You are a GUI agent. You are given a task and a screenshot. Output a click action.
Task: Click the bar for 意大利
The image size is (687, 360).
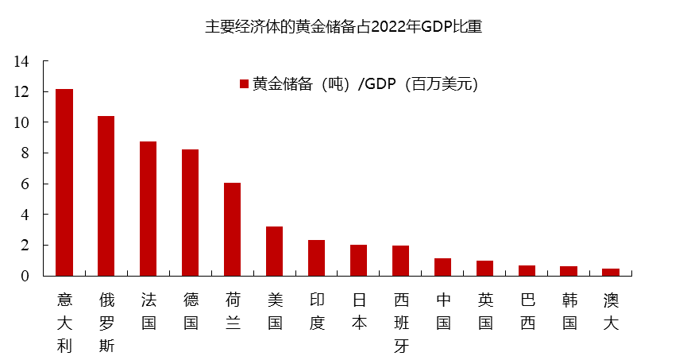(x=64, y=183)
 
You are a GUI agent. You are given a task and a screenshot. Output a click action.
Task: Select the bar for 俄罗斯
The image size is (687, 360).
(x=106, y=196)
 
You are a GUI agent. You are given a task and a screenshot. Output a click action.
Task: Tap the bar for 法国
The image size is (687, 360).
(x=149, y=209)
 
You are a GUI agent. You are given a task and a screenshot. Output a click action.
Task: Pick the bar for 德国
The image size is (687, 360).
(x=191, y=213)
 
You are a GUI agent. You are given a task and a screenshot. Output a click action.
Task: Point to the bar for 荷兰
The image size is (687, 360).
(x=233, y=230)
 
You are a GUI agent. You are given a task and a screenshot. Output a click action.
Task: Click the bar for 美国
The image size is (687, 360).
(x=275, y=251)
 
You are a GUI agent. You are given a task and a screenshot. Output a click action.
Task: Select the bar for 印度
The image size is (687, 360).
(x=317, y=258)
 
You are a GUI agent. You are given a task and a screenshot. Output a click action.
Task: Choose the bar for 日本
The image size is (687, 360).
(x=359, y=261)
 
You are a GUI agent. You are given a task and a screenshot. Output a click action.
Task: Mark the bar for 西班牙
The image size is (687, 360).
(x=401, y=261)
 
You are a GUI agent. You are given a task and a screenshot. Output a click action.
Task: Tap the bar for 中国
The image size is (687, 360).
(x=443, y=267)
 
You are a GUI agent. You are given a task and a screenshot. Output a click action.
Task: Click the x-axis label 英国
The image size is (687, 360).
(x=485, y=311)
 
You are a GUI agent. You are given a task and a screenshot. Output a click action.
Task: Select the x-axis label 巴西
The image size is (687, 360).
(x=527, y=311)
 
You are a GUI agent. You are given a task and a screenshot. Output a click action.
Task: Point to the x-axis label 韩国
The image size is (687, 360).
(x=569, y=311)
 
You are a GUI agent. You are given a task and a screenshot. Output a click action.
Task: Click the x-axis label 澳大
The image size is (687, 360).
(x=612, y=311)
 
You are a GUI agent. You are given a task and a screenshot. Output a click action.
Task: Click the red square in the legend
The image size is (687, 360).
(x=245, y=84)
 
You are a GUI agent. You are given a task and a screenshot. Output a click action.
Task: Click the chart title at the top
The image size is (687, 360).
(x=344, y=26)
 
